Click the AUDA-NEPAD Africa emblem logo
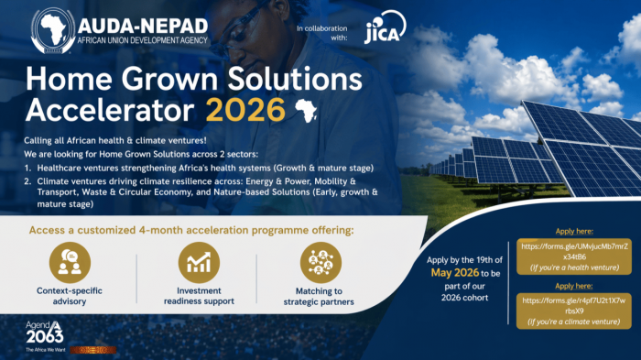coord(52,31)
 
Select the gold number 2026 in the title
coord(244,109)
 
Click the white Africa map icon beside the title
coord(303,110)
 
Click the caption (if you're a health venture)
coord(563,267)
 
